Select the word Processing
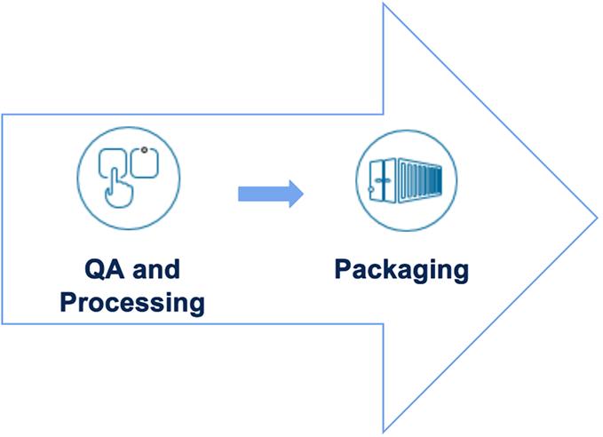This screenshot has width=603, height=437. (x=131, y=303)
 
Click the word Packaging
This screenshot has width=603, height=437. (x=401, y=269)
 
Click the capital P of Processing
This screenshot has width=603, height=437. (x=68, y=302)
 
